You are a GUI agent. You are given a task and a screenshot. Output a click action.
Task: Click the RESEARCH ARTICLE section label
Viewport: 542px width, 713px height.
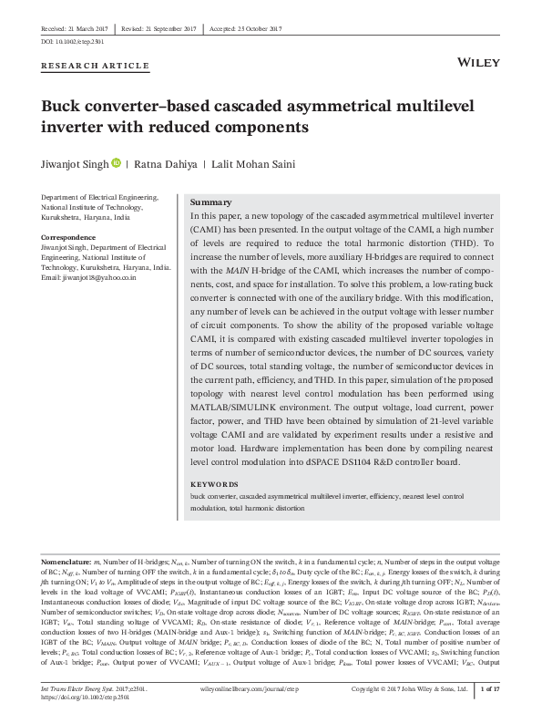(x=96, y=66)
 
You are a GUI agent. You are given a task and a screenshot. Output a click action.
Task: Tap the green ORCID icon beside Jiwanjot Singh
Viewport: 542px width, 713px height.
(x=117, y=162)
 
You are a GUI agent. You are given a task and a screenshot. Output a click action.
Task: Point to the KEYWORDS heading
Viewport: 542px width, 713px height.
(x=215, y=484)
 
